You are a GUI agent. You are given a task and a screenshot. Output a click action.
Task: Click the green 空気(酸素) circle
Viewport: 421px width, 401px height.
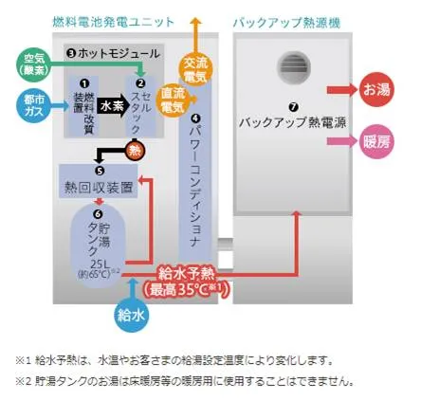(33, 65)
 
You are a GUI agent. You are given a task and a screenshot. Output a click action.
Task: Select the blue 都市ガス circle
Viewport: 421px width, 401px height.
(33, 106)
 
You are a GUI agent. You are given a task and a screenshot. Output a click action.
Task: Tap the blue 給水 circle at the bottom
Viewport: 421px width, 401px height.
(131, 315)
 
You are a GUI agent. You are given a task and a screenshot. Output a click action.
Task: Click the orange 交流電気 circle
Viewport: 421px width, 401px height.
(196, 69)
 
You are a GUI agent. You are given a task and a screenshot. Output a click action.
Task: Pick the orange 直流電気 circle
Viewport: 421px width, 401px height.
(174, 100)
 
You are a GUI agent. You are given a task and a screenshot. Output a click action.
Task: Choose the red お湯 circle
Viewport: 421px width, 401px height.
(376, 90)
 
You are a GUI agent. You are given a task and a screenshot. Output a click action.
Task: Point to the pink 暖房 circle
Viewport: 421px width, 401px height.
(376, 141)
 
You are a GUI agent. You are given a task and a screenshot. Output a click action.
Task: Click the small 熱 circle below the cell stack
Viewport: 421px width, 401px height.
(136, 151)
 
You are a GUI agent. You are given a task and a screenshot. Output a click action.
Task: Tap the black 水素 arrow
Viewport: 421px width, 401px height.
(113, 106)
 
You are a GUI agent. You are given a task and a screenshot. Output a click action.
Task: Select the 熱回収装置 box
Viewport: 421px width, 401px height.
(99, 181)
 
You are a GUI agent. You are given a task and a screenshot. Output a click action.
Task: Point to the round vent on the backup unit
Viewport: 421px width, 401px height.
(294, 66)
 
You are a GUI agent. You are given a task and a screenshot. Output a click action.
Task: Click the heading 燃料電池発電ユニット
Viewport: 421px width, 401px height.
(114, 23)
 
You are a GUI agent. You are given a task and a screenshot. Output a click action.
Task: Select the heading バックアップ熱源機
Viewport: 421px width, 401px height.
(286, 23)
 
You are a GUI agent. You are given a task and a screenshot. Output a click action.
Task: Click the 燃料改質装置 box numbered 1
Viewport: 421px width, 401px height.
(83, 106)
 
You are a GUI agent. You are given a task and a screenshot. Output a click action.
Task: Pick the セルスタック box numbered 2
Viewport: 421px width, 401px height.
(141, 106)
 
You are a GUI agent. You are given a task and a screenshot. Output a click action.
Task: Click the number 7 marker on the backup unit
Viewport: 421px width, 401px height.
(294, 107)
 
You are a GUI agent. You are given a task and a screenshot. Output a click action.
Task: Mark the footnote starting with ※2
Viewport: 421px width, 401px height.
(185, 382)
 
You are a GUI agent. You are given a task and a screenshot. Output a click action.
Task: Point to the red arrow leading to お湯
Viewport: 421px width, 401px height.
(342, 90)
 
